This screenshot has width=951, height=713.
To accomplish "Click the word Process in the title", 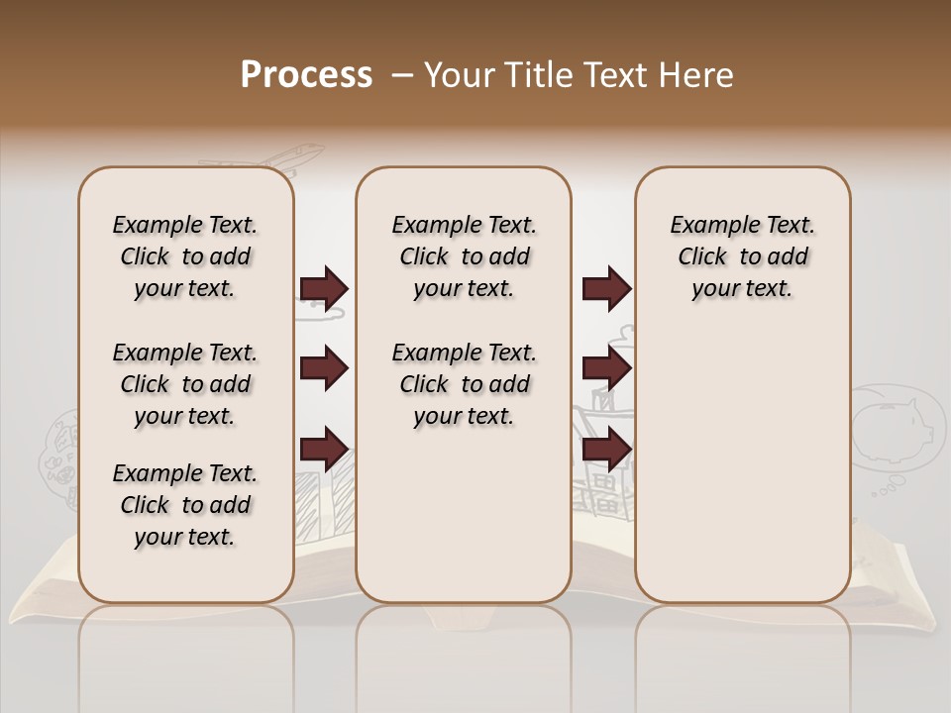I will tap(306, 75).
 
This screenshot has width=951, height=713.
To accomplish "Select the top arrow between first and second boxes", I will tap(324, 289).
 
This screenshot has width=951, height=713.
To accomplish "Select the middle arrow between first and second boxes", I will tap(324, 369).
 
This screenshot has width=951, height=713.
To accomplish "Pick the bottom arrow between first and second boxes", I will tap(324, 450).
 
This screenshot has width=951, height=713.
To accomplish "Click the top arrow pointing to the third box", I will tap(606, 289).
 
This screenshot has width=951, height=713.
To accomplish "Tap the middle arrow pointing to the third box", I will tap(606, 369).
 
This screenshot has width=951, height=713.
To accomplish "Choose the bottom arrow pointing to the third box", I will tap(606, 450).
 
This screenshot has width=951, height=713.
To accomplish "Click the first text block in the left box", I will tap(185, 256).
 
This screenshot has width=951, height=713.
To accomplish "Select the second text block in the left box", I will tap(185, 384).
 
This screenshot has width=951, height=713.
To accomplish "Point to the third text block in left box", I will tap(185, 505).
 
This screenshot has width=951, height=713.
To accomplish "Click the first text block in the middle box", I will tap(464, 256).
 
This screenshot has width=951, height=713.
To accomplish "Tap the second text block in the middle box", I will tap(464, 384).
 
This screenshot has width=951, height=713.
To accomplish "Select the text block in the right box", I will tap(742, 256).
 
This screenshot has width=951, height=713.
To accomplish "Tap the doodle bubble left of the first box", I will tap(57, 456).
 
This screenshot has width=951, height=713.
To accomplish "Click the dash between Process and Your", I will tap(401, 76).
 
